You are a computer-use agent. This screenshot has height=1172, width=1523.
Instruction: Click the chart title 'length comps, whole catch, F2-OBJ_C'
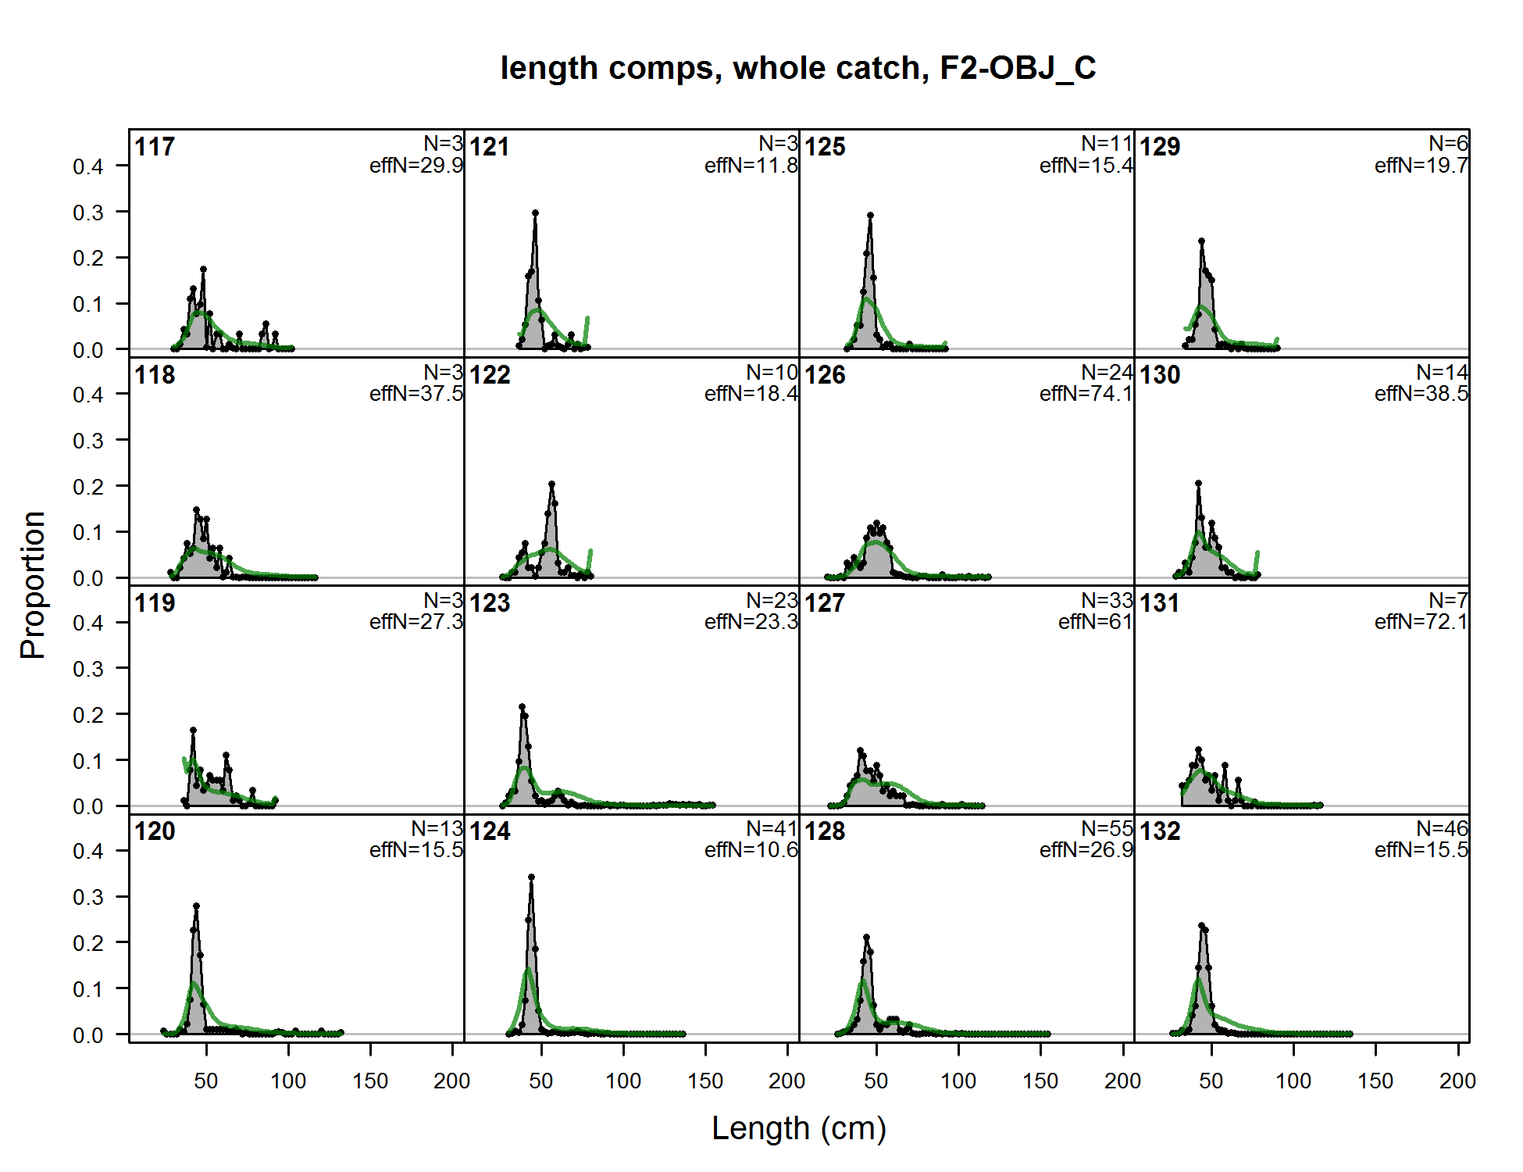(798, 68)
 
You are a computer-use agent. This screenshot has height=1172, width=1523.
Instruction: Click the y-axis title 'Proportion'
(33, 585)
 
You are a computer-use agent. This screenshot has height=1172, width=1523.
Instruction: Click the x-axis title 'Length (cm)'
(799, 1128)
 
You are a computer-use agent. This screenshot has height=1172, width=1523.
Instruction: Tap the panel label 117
(155, 147)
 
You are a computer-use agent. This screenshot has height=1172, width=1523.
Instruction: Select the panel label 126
(825, 375)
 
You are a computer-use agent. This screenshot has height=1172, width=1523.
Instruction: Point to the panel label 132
(1160, 831)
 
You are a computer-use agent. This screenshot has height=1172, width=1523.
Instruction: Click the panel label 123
(490, 603)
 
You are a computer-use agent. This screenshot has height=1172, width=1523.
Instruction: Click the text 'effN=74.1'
(1086, 394)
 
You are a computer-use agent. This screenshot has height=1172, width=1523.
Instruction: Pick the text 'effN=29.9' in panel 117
(416, 166)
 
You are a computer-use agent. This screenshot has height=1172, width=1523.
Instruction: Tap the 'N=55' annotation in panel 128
(1107, 828)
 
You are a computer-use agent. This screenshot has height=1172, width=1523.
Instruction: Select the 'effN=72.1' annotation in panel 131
(1421, 622)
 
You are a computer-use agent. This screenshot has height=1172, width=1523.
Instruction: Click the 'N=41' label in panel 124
(772, 828)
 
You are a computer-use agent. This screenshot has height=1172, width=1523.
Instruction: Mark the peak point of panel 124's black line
(531, 877)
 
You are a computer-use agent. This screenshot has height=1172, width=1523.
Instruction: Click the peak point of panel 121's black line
(535, 213)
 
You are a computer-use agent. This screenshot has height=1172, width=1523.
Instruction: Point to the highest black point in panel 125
(870, 215)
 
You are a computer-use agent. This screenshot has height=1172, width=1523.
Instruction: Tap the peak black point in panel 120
(196, 906)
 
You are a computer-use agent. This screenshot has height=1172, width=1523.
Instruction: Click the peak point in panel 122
(552, 484)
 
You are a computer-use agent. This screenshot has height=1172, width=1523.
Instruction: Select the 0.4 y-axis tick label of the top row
(88, 166)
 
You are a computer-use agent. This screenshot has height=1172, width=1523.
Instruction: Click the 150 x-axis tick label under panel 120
(370, 1081)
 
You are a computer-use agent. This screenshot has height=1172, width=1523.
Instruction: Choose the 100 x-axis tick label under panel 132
(1293, 1081)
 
